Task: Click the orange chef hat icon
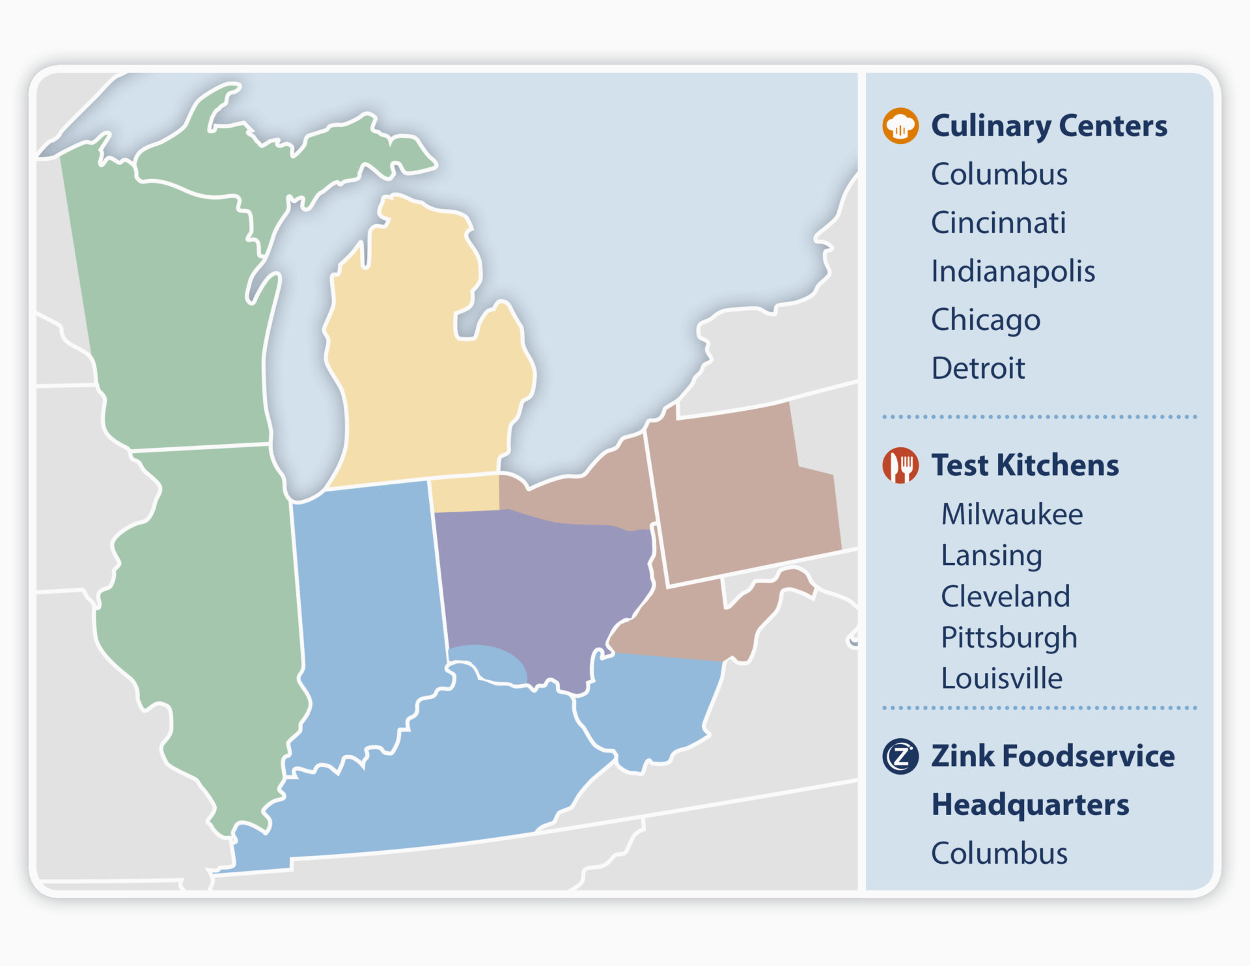pos(900,126)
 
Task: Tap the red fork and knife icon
pos(900,465)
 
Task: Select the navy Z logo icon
pos(900,756)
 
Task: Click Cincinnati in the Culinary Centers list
pos(998,223)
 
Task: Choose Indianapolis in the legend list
pos(1012,271)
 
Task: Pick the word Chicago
pos(985,320)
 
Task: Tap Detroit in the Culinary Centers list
pos(977,368)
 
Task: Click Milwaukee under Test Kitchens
pos(1012,514)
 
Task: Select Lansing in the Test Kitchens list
pos(991,555)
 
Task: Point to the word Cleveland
pos(1005,596)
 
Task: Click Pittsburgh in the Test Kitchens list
pos(1008,637)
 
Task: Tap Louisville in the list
pos(1001,678)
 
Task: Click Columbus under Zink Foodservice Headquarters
pos(999,853)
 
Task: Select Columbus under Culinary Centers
pos(999,174)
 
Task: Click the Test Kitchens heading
pos(1025,465)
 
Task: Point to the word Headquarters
pos(1030,805)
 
